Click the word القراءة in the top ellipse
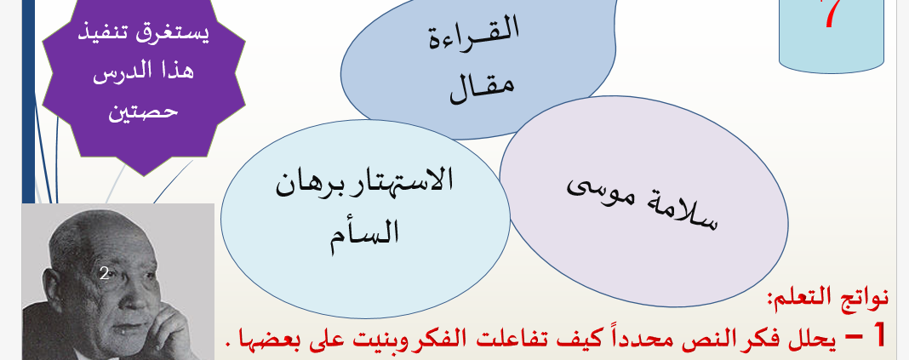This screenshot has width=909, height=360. click(473, 34)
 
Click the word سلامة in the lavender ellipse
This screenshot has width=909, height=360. click(684, 212)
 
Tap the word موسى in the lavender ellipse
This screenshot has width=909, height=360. click(598, 189)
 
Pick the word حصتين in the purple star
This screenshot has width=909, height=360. click(143, 109)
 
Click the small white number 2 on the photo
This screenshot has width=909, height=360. click(105, 274)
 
